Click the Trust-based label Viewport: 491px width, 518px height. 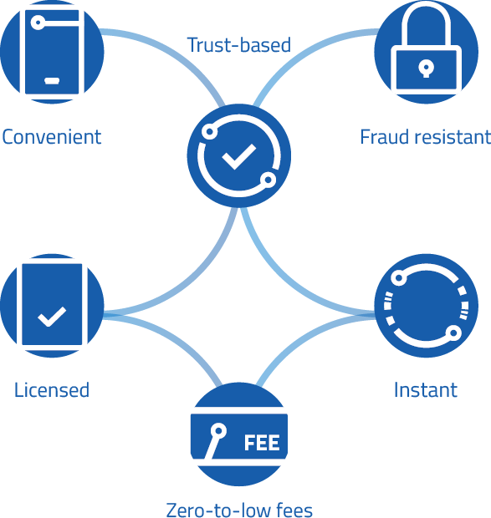click(238, 45)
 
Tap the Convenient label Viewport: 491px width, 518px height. click(52, 137)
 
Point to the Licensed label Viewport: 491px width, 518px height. click(52, 390)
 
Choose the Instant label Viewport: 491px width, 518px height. click(426, 390)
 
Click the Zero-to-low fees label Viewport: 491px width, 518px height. click(239, 510)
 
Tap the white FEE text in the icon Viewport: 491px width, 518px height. click(262, 443)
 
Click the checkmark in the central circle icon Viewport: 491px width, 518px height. click(238, 156)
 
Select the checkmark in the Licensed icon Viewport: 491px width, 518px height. click(52, 317)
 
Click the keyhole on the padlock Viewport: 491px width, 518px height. click(426, 69)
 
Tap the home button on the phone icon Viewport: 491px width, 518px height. click(52, 80)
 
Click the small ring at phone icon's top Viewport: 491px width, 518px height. click(38, 23)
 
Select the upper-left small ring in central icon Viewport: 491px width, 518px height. click(209, 131)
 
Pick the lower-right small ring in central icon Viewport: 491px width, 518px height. click(269, 180)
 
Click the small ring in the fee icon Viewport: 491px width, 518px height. click(218, 431)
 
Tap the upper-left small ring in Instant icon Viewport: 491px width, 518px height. click(399, 278)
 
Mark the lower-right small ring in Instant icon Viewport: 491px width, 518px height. click(453, 333)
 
